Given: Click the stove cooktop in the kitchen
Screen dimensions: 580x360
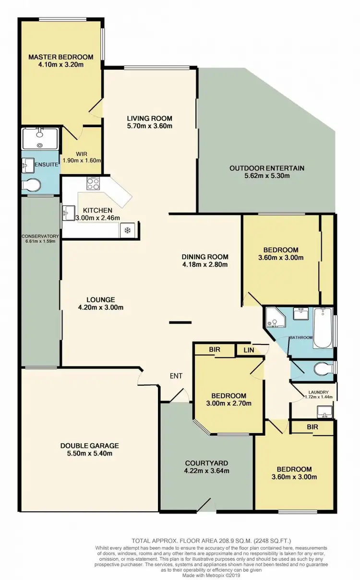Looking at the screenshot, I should pos(93,183).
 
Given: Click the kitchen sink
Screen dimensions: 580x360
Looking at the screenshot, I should pos(68,212).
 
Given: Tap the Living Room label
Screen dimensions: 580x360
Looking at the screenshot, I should pos(149,118).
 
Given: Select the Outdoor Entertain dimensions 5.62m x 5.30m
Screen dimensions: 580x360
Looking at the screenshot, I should pos(266,176).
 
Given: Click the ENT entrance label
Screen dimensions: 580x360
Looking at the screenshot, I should pos(176,376).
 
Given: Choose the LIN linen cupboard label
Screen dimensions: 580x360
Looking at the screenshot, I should pos(248,350).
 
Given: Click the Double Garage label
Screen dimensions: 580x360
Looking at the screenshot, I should pos(89,445).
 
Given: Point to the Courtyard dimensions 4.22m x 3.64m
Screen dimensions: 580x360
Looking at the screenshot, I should pos(207,471).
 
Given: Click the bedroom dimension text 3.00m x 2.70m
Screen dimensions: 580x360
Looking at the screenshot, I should pos(229,403).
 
